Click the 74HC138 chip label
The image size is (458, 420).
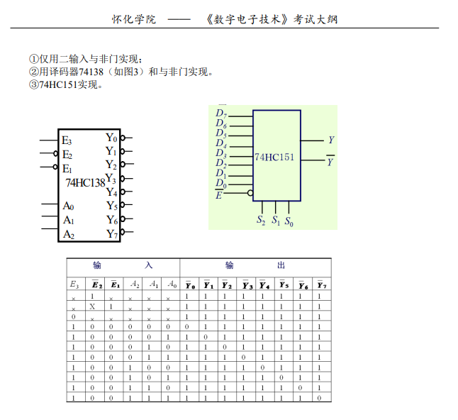85,182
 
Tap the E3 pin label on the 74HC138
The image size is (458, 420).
67,140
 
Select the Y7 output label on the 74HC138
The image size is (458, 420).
112,233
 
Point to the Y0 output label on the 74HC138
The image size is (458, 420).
112,138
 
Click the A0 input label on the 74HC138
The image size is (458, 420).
68,206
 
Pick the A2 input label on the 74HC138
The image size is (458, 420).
68,233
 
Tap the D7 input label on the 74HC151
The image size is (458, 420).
221,114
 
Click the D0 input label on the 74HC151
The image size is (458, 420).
220,184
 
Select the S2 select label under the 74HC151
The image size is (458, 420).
261,221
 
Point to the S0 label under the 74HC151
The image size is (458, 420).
289,221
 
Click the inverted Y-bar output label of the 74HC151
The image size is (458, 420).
330,162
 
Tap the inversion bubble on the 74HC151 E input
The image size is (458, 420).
250,192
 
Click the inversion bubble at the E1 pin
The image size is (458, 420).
55,167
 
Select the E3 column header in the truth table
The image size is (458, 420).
74,284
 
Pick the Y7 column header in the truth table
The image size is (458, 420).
322,284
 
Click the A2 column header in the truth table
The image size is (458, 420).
135,284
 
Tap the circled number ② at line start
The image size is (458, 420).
33,72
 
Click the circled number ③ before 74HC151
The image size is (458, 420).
33,85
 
